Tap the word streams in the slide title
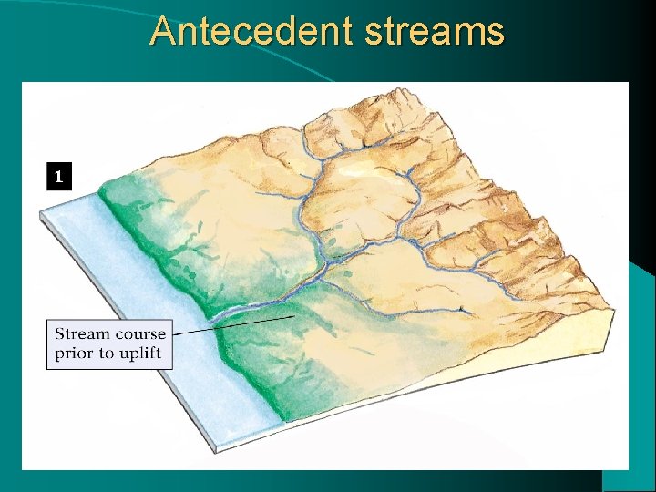(435, 31)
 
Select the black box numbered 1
(58, 176)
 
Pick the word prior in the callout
(75, 354)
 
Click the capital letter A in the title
(163, 31)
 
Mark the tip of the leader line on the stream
(292, 315)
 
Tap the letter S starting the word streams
(374, 32)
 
